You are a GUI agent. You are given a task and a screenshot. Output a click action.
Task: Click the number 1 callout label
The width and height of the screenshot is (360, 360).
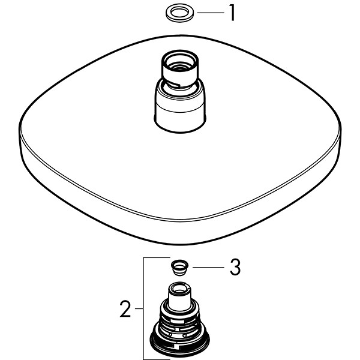click(232, 13)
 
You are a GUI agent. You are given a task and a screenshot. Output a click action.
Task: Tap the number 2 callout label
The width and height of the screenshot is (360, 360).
click(125, 309)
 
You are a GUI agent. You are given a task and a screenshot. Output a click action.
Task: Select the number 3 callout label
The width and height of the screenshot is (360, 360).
click(235, 267)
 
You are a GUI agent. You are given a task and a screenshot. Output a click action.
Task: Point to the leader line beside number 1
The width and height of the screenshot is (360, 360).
click(211, 13)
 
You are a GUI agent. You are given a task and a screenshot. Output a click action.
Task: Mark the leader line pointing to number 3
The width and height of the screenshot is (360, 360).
click(208, 267)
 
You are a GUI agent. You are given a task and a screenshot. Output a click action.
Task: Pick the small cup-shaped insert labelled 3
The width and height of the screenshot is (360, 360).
click(179, 268)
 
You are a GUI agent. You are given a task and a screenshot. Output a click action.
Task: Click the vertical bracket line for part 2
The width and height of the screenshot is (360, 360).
click(143, 308)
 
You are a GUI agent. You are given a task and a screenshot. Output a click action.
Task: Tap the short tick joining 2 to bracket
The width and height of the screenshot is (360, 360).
click(139, 308)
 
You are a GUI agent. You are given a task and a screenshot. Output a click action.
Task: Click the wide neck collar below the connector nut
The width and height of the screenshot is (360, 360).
click(180, 108)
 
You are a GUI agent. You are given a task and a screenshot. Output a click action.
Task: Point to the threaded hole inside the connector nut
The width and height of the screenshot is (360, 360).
click(180, 67)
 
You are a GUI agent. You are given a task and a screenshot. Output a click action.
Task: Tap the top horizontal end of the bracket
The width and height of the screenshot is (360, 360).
click(157, 258)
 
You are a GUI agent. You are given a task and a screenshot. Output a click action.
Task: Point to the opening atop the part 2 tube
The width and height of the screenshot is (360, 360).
click(179, 287)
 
